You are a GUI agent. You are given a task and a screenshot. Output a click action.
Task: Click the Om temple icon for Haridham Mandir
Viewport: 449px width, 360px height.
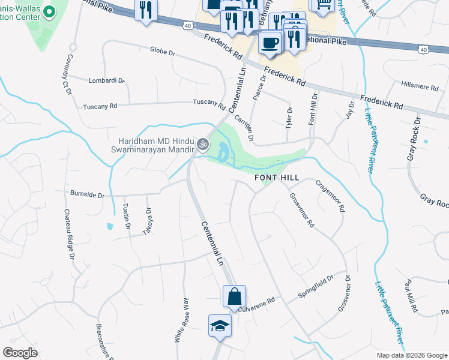tap(202, 144)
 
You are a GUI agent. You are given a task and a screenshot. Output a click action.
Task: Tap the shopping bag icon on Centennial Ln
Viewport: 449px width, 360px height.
tap(234, 296)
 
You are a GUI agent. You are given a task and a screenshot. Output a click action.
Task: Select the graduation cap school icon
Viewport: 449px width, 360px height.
tap(220, 326)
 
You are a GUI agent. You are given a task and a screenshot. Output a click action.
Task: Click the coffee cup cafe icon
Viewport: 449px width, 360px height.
tap(270, 42)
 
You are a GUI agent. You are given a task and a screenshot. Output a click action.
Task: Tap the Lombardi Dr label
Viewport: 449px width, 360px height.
tap(106, 80)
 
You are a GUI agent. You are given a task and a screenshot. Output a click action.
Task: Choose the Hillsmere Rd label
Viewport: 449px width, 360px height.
tap(420, 86)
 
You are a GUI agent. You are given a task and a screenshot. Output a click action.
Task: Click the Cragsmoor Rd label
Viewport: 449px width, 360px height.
tap(330, 197)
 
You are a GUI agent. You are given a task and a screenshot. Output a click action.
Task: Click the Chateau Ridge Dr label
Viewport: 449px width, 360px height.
tap(68, 233)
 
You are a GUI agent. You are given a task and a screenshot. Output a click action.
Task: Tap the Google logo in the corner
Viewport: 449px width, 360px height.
tap(20, 352)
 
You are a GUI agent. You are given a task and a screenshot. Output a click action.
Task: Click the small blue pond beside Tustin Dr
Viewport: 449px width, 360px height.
tap(109, 227)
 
